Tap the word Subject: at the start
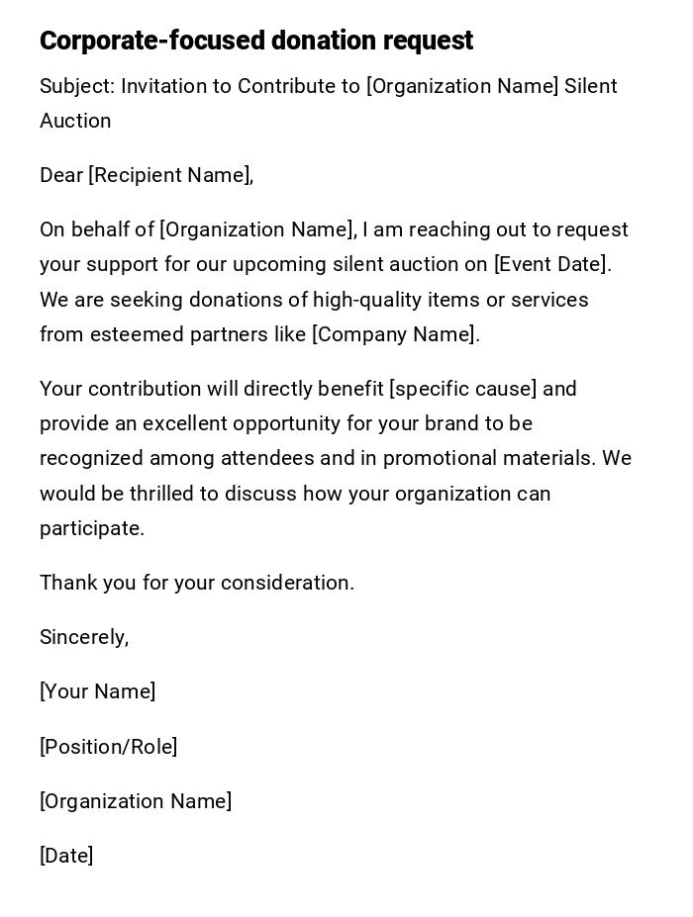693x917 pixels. click(x=76, y=86)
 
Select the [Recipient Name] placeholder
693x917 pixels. click(x=170, y=175)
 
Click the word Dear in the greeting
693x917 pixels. click(x=61, y=175)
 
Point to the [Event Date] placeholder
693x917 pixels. click(x=551, y=264)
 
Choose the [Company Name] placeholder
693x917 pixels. click(x=395, y=334)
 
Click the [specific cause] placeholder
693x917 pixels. click(x=462, y=389)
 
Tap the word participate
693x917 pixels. click(x=91, y=528)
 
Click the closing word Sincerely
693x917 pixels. click(x=83, y=637)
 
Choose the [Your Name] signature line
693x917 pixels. click(x=97, y=691)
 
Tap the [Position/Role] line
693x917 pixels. click(x=108, y=747)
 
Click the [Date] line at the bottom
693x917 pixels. click(x=66, y=856)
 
